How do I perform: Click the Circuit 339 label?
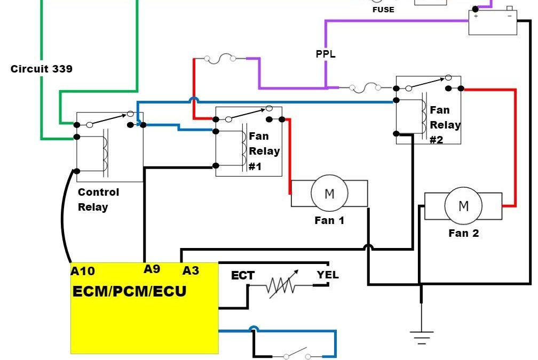point(42,69)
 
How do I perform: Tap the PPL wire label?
point(326,54)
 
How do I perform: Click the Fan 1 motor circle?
point(329,194)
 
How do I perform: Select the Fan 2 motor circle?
point(463,206)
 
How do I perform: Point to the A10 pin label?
point(83,271)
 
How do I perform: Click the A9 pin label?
point(152,269)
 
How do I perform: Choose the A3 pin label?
point(191,270)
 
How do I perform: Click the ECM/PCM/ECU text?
point(130,292)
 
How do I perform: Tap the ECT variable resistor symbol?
point(281,286)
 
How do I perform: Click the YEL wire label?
point(327,275)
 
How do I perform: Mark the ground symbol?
point(422,337)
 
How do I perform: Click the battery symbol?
point(492,22)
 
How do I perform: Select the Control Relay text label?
point(98,199)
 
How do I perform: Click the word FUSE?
point(383,9)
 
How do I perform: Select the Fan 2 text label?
point(463,233)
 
